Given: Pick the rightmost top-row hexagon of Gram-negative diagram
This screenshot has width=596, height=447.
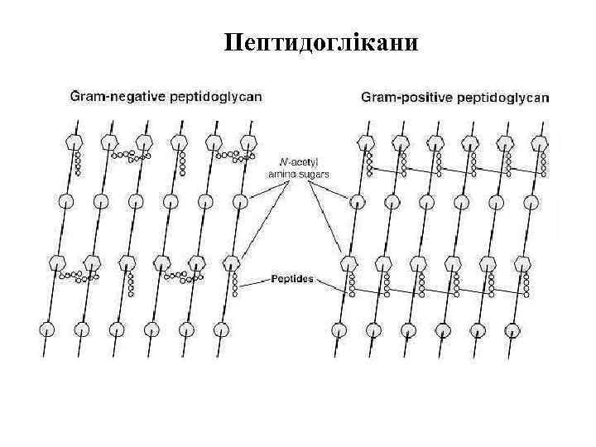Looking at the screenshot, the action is pos(247,142).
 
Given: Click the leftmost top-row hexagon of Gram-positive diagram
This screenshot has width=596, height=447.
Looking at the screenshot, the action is pos(362,142).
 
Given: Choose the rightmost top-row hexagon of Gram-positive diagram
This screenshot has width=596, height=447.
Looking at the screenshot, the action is pos(539,142).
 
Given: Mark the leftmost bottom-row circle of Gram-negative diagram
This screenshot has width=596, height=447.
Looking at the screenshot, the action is pos(48,329).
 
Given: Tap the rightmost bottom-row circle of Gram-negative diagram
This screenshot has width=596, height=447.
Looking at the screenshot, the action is pos(222,329).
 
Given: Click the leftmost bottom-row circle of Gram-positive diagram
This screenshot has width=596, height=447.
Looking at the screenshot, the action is pos(338,329).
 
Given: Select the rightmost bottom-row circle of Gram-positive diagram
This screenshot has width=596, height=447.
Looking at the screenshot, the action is pos(515,329).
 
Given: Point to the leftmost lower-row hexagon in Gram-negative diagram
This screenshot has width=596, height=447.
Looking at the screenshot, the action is pos(57,263).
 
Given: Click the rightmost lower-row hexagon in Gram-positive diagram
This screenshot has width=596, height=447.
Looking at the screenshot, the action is pos(523,263).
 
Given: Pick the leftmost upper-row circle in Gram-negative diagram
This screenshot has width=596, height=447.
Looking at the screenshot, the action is pos(65,200).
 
